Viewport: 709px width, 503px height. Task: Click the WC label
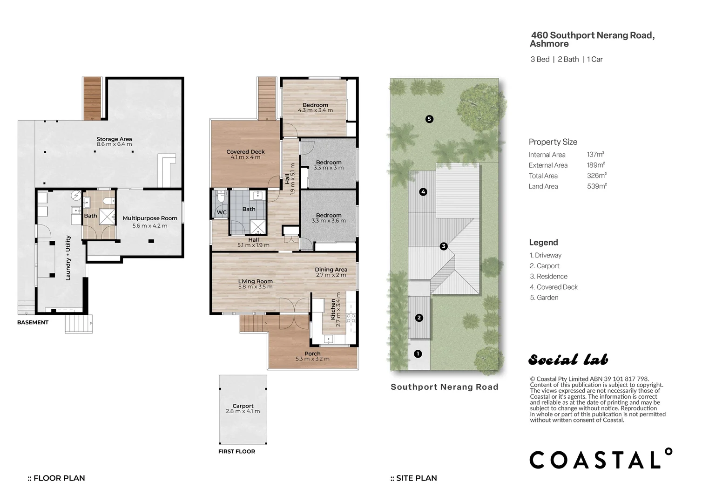(x=222, y=212)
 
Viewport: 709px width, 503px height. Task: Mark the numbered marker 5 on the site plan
(x=429, y=119)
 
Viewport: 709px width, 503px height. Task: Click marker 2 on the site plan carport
(x=419, y=318)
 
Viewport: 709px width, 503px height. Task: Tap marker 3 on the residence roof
(x=444, y=246)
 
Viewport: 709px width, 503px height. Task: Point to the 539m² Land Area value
(x=597, y=186)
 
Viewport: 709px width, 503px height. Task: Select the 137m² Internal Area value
(x=595, y=154)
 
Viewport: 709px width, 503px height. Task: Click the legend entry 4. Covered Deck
(x=554, y=287)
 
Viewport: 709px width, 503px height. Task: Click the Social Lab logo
(x=568, y=360)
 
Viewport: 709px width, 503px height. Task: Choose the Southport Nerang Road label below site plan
(x=444, y=387)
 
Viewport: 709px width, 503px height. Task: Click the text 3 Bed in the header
(x=540, y=59)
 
